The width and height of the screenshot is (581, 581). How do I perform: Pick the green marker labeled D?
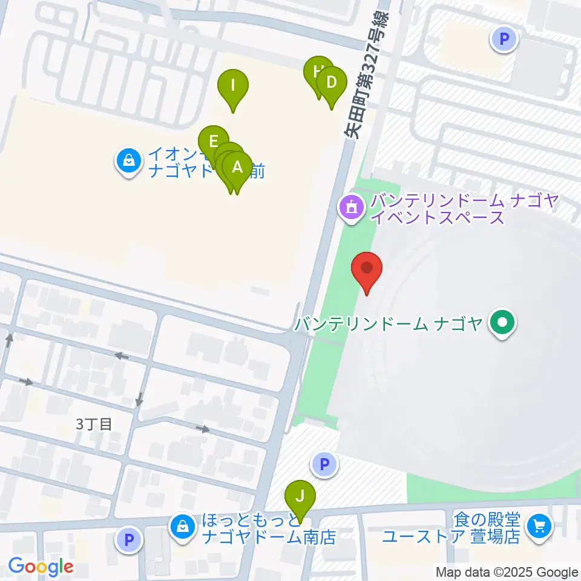[331, 83]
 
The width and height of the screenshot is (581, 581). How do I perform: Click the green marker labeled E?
[213, 142]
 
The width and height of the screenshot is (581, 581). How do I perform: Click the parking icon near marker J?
[324, 464]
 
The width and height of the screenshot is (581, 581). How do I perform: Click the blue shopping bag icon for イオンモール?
[129, 162]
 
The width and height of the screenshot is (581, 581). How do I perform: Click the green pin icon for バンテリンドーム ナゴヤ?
[502, 324]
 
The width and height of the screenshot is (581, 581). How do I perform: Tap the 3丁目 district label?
[94, 424]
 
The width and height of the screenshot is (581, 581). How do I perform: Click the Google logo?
[41, 566]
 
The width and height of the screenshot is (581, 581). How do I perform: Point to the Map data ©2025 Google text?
[507, 573]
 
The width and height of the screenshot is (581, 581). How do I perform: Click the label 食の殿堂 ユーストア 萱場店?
[451, 528]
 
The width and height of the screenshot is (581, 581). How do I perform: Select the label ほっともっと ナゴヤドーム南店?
[269, 528]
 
